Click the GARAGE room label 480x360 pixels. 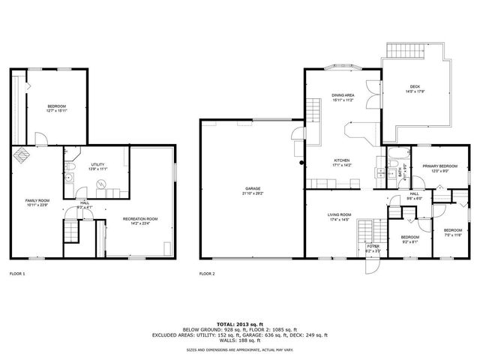[252, 188]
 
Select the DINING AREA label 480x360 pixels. [342, 95]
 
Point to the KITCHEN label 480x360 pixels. [342, 160]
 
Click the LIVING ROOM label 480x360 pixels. [339, 215]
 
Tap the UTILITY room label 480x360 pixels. [97, 165]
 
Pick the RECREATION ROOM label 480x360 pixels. [140, 219]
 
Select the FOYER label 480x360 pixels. [373, 246]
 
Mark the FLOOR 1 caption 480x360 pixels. [17, 274]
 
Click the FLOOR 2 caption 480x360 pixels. [207, 274]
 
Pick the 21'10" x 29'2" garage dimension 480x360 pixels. [252, 193]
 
